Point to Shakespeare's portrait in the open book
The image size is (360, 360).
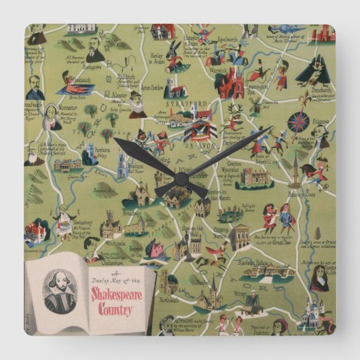[x=59, y=290]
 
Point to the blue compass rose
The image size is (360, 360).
[x=298, y=122]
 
